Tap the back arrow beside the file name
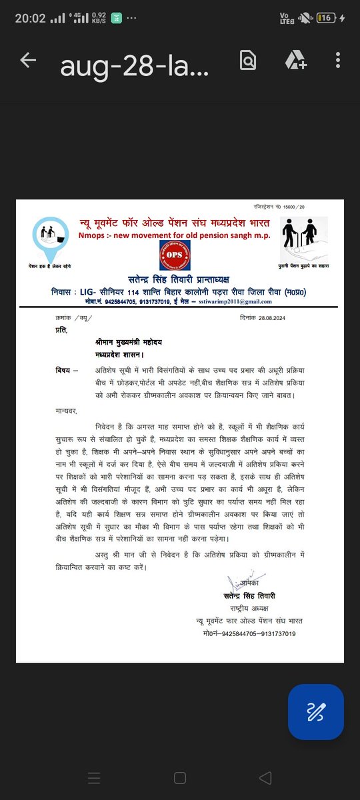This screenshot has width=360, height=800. (x=28, y=61)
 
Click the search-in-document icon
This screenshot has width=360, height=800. (x=248, y=61)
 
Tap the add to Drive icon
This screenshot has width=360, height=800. (x=296, y=61)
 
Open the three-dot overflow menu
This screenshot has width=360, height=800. (x=339, y=61)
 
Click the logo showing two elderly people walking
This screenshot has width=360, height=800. (x=304, y=239)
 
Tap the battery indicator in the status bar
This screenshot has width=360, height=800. (x=327, y=18)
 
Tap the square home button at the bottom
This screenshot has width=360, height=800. (x=180, y=777)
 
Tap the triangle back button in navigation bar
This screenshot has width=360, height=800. (x=265, y=777)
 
